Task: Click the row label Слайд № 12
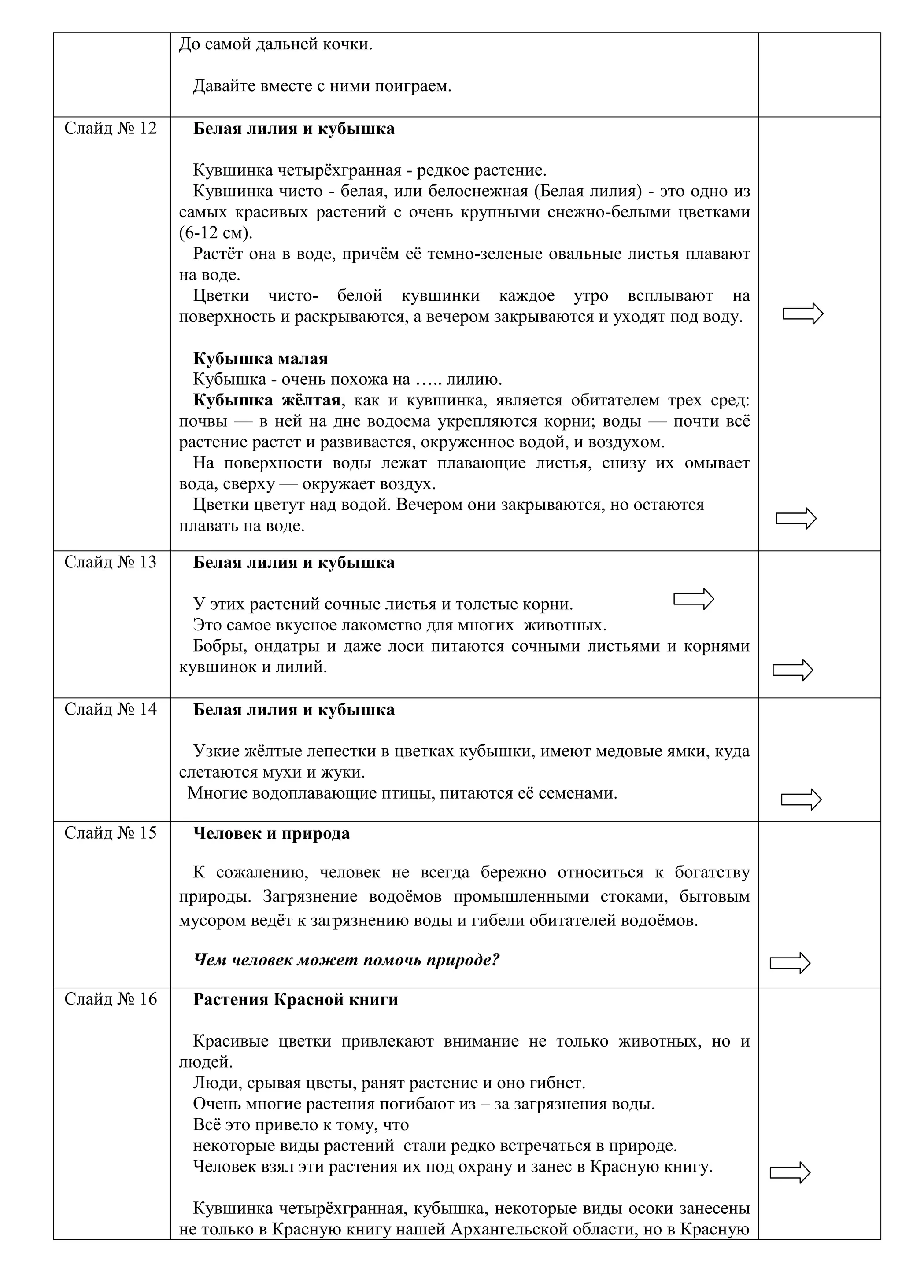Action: [111, 128]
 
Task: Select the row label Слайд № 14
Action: [111, 709]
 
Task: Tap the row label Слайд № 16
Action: [111, 999]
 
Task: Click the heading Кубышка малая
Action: [260, 359]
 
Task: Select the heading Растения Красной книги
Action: [296, 999]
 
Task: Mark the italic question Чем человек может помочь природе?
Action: [347, 960]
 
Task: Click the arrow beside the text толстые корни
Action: [693, 599]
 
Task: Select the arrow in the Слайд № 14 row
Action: [801, 799]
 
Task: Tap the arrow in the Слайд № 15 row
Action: [790, 963]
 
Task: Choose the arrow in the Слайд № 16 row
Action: [790, 1172]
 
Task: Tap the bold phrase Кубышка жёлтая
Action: [266, 400]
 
